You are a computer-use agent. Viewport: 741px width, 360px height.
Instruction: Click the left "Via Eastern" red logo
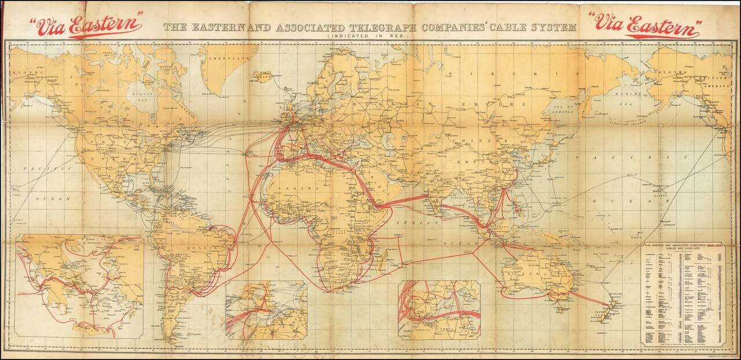(86, 25)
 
